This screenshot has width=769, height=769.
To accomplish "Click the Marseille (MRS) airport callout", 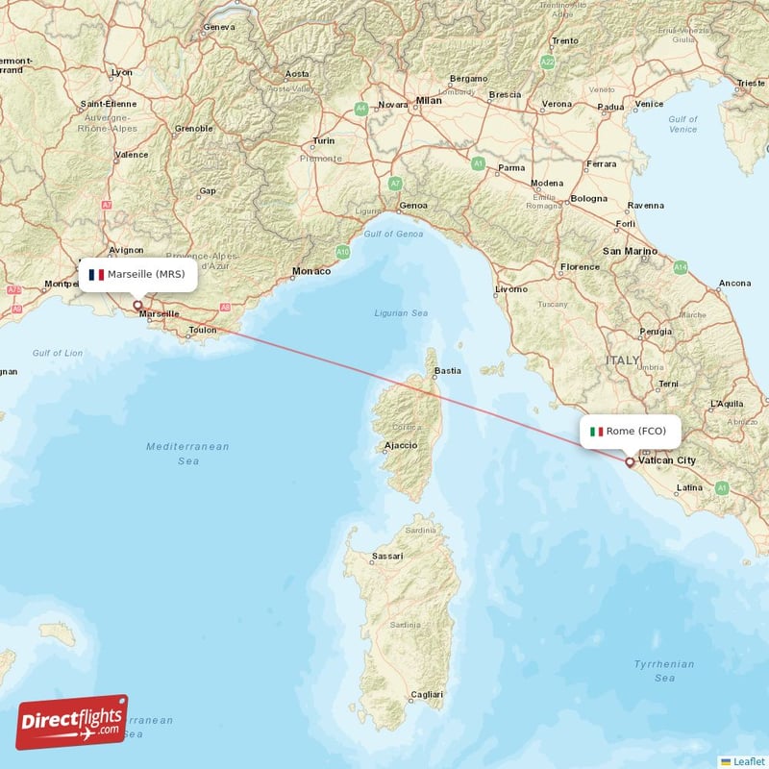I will click(138, 275).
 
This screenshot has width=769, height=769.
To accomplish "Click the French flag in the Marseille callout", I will click(96, 275).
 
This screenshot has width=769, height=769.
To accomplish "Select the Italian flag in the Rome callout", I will click(597, 432).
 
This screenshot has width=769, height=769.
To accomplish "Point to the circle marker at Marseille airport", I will click(137, 305).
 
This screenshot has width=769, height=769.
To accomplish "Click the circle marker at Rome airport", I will click(630, 461).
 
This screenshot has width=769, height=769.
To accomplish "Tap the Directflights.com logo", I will click(72, 722).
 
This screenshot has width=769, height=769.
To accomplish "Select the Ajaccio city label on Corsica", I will click(401, 445).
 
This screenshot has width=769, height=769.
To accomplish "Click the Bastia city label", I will click(448, 370).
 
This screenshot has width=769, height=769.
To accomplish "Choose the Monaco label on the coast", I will click(311, 271).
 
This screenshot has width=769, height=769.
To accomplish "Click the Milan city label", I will click(429, 100).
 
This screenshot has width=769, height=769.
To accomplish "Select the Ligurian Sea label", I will click(401, 313).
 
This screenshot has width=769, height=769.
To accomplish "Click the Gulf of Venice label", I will click(682, 124).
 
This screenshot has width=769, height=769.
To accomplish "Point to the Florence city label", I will click(581, 266).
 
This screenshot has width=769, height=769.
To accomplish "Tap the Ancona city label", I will click(734, 283).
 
